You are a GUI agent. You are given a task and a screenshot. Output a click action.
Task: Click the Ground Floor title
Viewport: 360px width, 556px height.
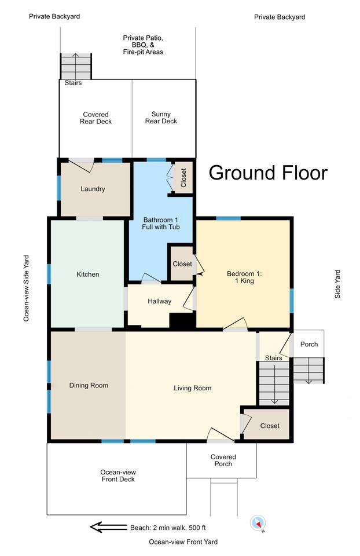pyautogui.click(x=268, y=173)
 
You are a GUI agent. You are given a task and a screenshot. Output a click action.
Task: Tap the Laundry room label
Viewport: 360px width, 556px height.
pyautogui.click(x=93, y=189)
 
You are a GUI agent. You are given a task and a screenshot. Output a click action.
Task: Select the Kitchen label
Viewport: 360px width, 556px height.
pyautogui.click(x=88, y=275)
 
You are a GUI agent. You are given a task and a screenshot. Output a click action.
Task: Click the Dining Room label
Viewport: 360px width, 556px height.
pyautogui.click(x=89, y=386)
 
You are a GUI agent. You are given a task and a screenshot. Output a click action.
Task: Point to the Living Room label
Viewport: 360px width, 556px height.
pyautogui.click(x=192, y=388)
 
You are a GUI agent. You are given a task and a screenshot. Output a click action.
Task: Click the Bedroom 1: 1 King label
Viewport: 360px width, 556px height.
pyautogui.click(x=244, y=277)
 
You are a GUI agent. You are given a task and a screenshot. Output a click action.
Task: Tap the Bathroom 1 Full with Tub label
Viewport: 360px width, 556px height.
pyautogui.click(x=161, y=224)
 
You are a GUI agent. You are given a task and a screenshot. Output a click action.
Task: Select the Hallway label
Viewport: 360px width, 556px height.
pyautogui.click(x=159, y=301)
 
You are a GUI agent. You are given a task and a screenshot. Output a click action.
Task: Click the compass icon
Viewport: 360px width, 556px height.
pyautogui.click(x=258, y=523)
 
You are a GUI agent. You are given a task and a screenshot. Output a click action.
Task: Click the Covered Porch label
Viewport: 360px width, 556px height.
pyautogui.click(x=223, y=460)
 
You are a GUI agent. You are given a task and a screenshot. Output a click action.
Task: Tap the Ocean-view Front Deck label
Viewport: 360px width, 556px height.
pyautogui.click(x=118, y=476)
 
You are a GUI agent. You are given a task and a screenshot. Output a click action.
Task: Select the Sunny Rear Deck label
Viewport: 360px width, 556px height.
pyautogui.click(x=161, y=118)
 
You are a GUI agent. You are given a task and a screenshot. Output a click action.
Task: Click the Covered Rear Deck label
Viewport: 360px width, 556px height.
pyautogui.click(x=95, y=118)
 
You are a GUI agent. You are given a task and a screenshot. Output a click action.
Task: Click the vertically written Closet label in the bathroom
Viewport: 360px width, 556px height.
pyautogui.click(x=183, y=178)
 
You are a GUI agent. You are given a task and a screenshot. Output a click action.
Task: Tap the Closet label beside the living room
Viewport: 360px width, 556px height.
pyautogui.click(x=270, y=426)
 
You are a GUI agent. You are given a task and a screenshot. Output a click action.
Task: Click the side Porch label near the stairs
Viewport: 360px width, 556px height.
pyautogui.click(x=309, y=344)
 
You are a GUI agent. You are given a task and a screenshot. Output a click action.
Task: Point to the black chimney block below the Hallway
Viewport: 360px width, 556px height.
pyautogui.click(x=182, y=321)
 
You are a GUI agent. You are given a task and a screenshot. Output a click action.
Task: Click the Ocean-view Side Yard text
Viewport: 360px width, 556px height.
pyautogui.click(x=27, y=288)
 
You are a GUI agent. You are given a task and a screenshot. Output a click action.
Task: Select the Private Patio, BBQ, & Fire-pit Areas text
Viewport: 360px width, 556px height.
pyautogui.click(x=143, y=45)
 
